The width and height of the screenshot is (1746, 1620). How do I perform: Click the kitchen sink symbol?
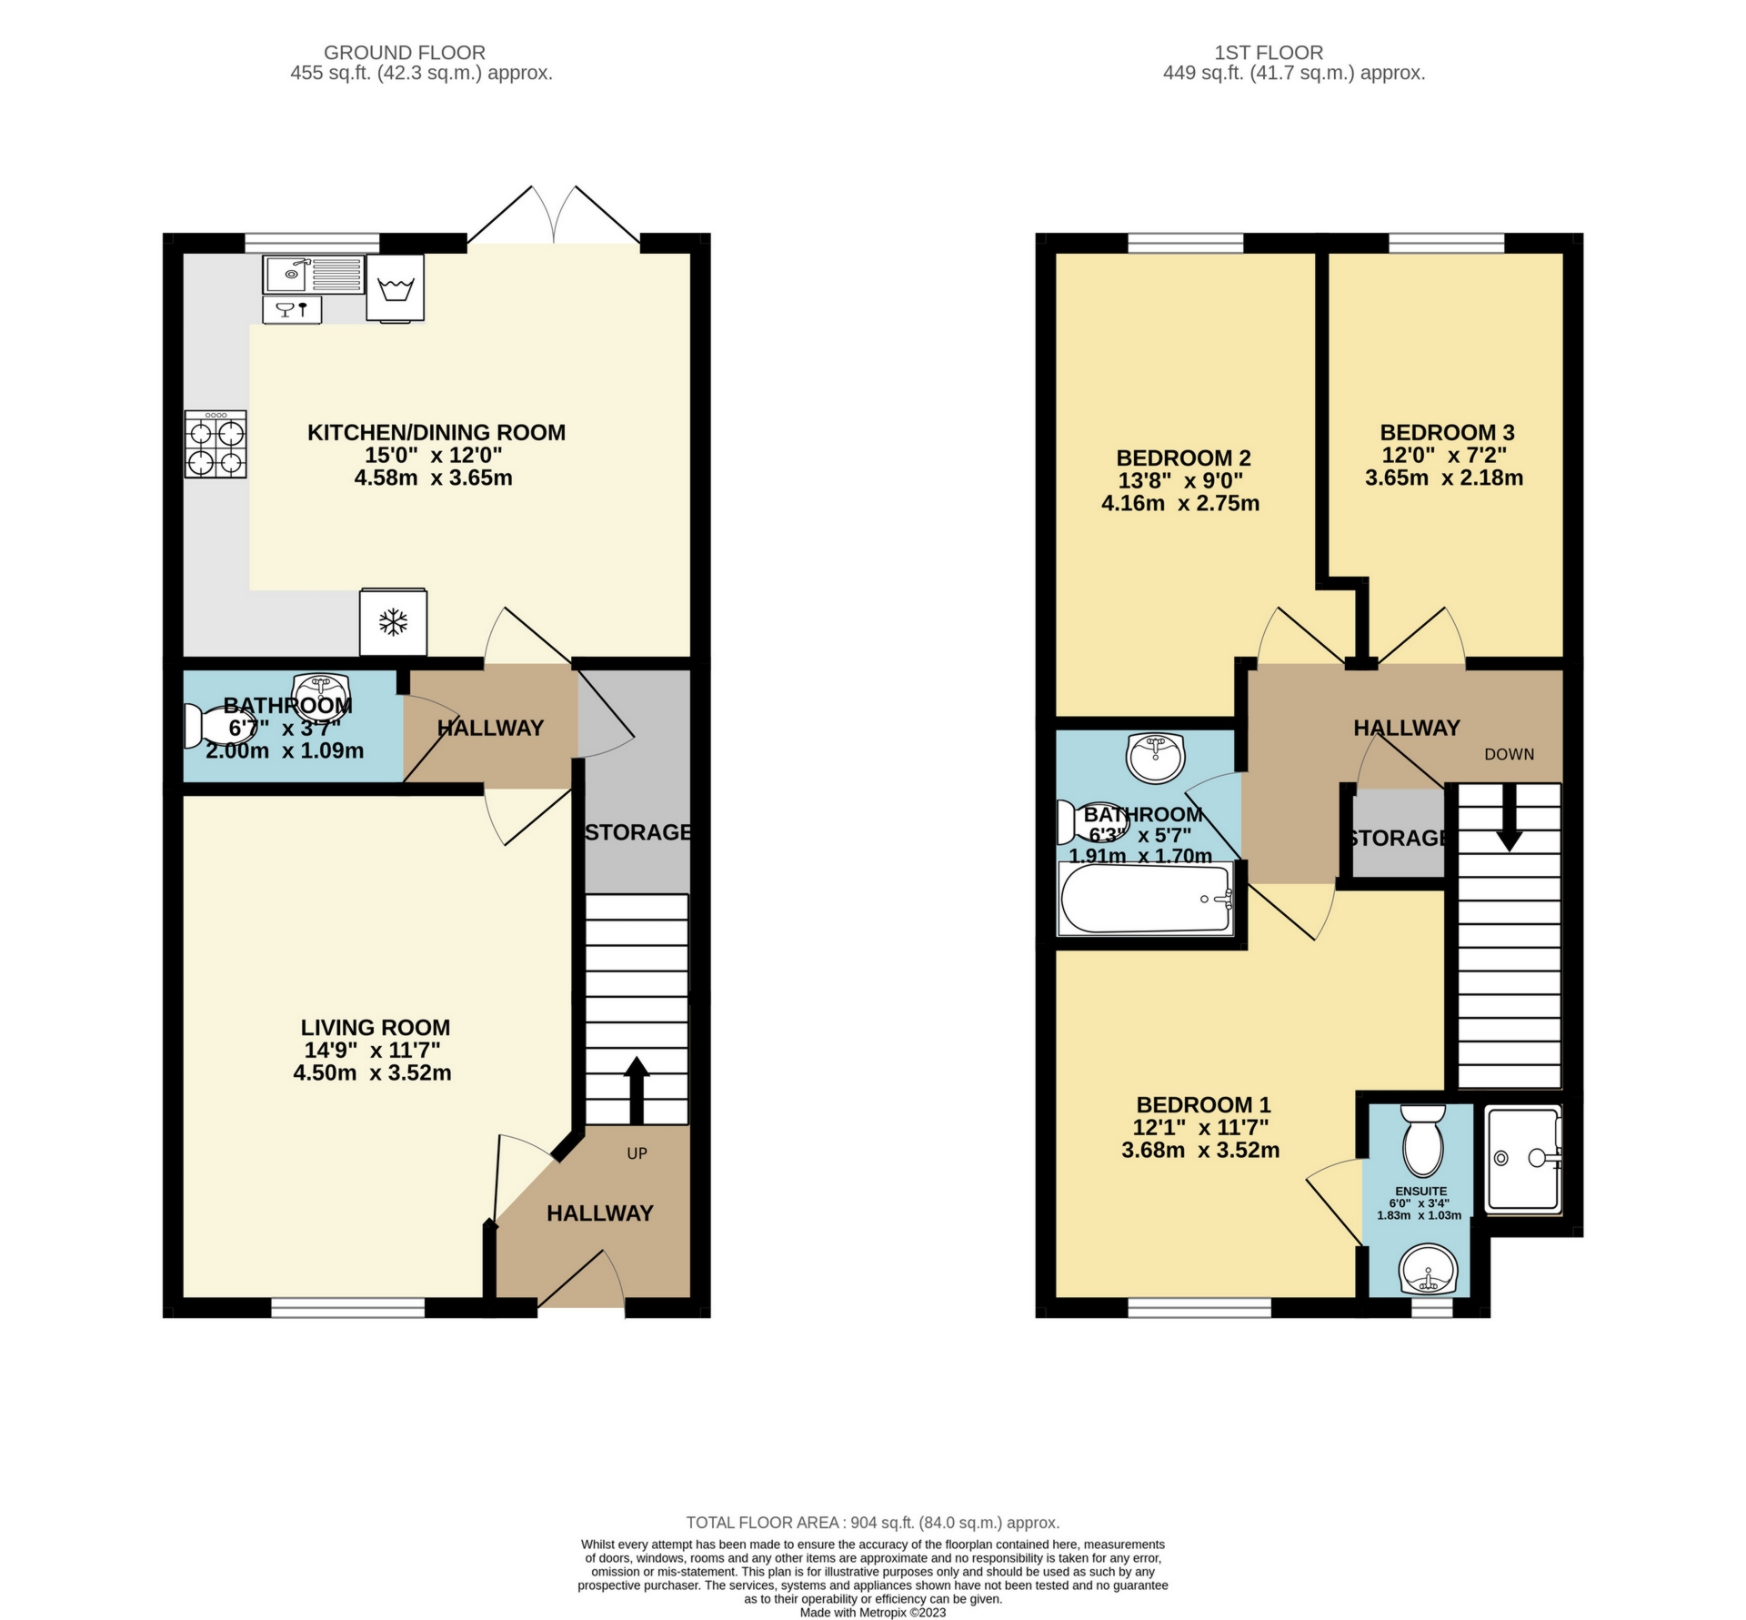(313, 274)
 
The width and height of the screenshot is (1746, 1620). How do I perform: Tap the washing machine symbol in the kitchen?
(395, 287)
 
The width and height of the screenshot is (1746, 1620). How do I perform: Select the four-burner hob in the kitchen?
(216, 444)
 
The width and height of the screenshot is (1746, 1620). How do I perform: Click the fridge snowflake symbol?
(393, 623)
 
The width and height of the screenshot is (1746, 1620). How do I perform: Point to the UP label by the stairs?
(637, 1153)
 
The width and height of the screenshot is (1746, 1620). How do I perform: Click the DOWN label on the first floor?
(1509, 754)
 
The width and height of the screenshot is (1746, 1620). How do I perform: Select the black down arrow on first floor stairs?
(1510, 818)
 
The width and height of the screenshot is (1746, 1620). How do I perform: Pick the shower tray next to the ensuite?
(1523, 1159)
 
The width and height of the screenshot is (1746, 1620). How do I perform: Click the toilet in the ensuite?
(1423, 1141)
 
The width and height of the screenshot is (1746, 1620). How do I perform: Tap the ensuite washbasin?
(1428, 1270)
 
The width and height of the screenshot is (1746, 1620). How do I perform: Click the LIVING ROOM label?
(376, 1027)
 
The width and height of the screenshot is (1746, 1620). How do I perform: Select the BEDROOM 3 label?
(1447, 432)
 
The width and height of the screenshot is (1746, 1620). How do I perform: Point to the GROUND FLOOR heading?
(405, 53)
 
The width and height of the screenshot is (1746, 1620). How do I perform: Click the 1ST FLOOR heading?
(1294, 53)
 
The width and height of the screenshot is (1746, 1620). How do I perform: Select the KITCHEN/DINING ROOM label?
(436, 432)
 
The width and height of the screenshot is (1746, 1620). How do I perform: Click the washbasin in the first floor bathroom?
(1155, 757)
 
